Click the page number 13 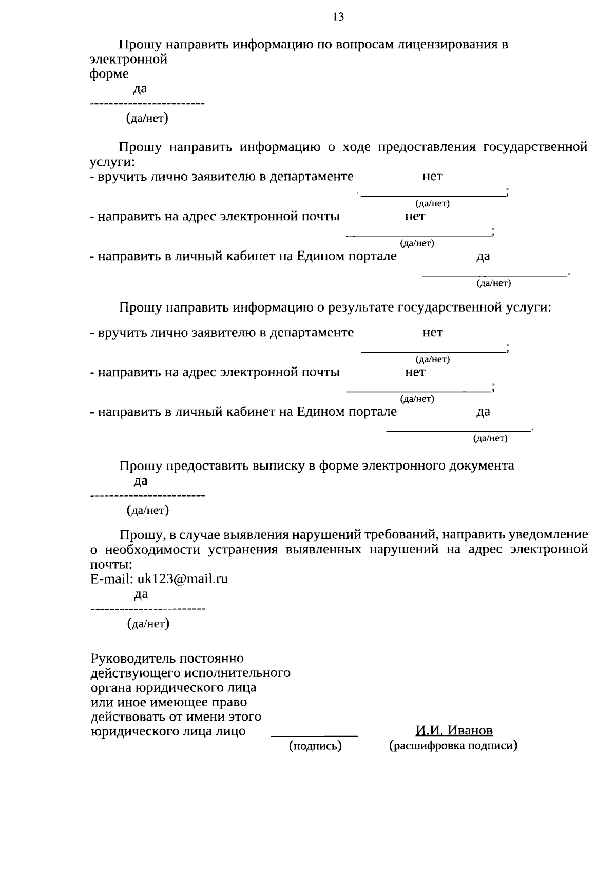click(338, 17)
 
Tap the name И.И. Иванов click(454, 730)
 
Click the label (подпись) click(315, 746)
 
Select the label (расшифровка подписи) click(453, 746)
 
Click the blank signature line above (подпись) click(314, 735)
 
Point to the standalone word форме click(109, 74)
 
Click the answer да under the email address click(141, 594)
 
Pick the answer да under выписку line click(141, 481)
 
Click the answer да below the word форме click(140, 89)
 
